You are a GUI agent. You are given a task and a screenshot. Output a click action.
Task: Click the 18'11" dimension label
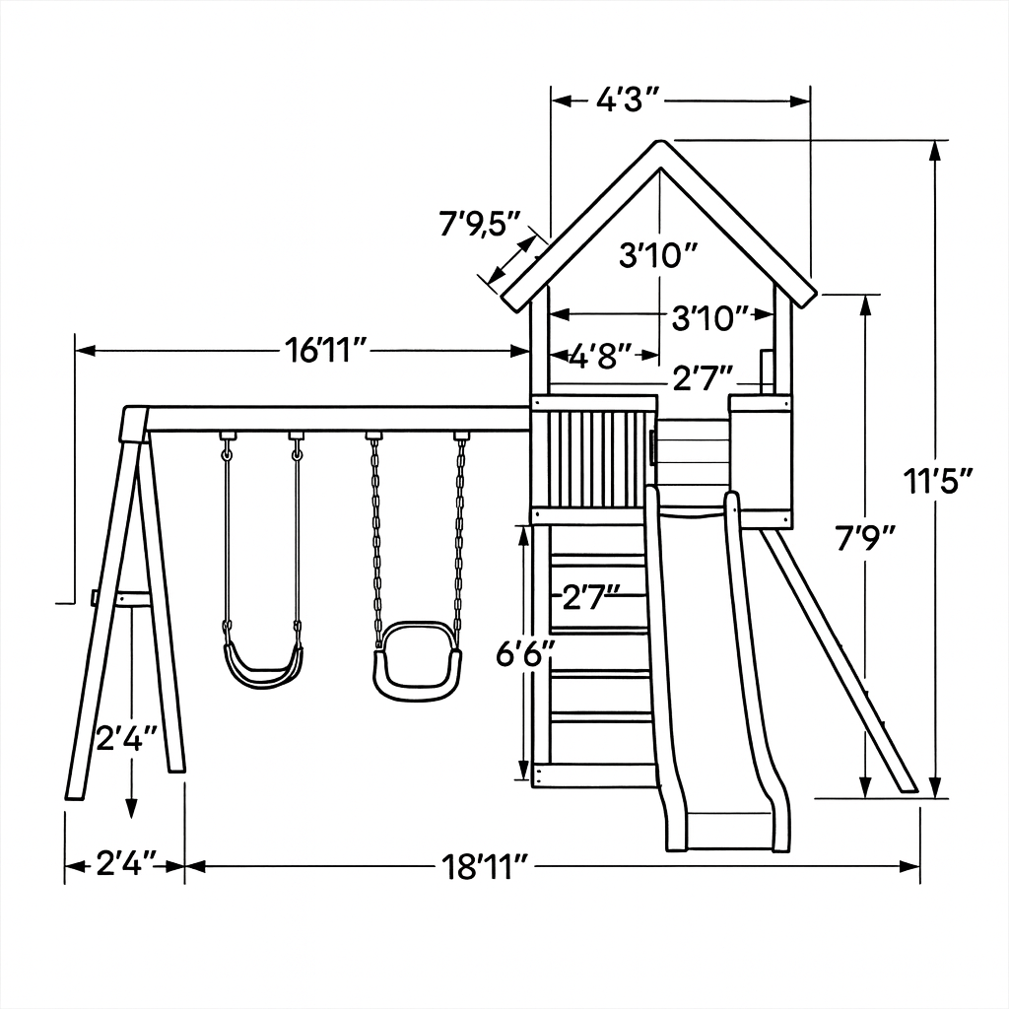[x=485, y=867]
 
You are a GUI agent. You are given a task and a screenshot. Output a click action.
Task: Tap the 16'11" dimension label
[x=326, y=351]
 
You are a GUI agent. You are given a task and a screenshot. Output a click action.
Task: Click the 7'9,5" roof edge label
[x=480, y=224]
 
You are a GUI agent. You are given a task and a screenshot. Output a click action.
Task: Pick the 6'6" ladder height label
[x=524, y=654]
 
